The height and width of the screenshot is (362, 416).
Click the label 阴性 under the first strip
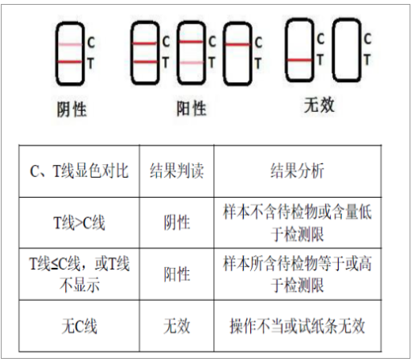pyautogui.click(x=72, y=109)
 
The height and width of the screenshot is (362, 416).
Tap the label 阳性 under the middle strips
pyautogui.click(x=192, y=109)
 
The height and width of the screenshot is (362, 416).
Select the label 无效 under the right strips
pyautogui.click(x=319, y=105)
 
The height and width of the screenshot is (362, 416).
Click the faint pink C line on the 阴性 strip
pyautogui.click(x=70, y=44)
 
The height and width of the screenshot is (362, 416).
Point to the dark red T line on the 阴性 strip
pyautogui.click(x=70, y=62)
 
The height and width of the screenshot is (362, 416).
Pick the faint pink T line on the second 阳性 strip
pyautogui.click(x=192, y=63)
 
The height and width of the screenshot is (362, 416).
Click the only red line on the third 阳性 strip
pyautogui.click(x=237, y=44)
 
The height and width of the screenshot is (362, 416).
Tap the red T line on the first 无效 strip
pyautogui.click(x=300, y=60)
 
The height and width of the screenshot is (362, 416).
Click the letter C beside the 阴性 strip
pyautogui.click(x=91, y=43)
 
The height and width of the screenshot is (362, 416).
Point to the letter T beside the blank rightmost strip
pyautogui.click(x=367, y=60)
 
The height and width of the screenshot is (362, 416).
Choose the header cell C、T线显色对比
pyautogui.click(x=79, y=171)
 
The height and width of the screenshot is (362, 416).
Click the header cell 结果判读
pyautogui.click(x=177, y=171)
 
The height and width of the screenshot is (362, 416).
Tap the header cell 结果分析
pyautogui.click(x=298, y=171)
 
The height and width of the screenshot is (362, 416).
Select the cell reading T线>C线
pyautogui.click(x=79, y=223)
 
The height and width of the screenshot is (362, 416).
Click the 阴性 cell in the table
pyautogui.click(x=177, y=223)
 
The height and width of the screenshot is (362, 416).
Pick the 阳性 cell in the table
pyautogui.click(x=177, y=274)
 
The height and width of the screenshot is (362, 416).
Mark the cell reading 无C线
pyautogui.click(x=79, y=327)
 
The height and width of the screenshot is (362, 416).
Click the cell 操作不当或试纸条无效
pyautogui.click(x=298, y=327)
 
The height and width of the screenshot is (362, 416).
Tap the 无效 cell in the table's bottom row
pyautogui.click(x=177, y=327)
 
